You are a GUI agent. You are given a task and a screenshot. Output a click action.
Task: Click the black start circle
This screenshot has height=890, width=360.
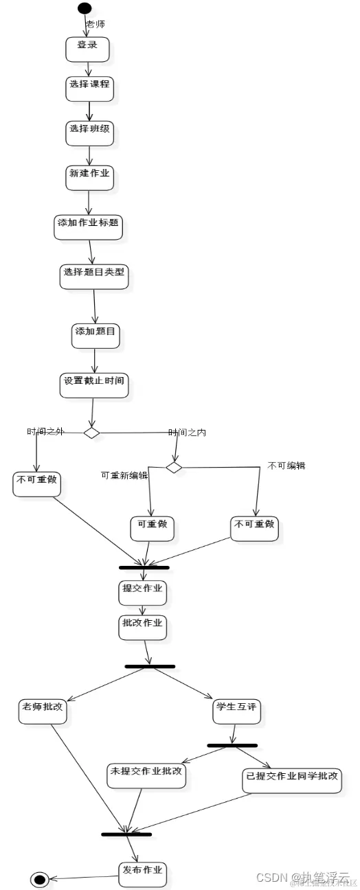click(85, 8)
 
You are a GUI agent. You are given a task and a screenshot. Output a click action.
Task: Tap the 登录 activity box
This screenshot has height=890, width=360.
click(87, 48)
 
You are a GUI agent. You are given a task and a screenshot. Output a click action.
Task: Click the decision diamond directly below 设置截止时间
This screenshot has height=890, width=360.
click(91, 432)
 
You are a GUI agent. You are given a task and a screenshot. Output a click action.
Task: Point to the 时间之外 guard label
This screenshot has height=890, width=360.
click(45, 431)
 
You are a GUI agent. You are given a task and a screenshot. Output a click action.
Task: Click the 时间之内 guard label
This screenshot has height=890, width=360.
click(187, 432)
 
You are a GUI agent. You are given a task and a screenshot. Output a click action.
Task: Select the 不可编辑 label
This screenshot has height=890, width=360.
click(286, 466)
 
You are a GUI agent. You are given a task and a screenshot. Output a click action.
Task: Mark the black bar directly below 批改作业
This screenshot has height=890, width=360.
click(150, 666)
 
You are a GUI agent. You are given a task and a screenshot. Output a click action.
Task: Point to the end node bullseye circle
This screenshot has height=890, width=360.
click(39, 880)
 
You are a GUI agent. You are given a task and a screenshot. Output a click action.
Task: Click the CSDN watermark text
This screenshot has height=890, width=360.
click(271, 878)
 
